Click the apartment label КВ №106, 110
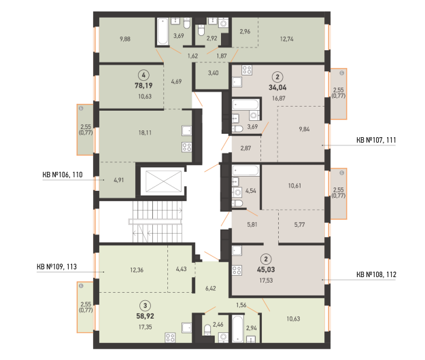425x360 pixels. coord(63,175)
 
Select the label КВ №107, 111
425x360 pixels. coord(376,140)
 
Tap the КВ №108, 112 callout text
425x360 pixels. coord(376,274)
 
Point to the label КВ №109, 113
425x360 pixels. coord(56,267)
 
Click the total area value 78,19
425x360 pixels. coord(143,86)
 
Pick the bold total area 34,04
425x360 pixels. coord(277,88)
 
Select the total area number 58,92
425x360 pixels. coord(145,316)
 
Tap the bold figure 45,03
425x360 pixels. coord(266,270)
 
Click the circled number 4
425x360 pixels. coord(143,75)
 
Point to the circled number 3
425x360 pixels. coord(146,306)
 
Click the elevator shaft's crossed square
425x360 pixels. coord(163,181)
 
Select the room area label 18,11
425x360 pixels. coord(145,132)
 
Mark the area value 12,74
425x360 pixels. coord(287,39)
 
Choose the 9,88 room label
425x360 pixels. coord(125,39)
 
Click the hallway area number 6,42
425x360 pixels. coord(211,288)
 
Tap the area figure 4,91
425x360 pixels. coord(119,180)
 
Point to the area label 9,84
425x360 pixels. coord(304,129)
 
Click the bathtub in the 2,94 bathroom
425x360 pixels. coord(238,328)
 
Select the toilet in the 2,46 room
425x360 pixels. coord(207,329)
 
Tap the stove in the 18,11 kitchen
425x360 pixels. coord(187,147)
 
